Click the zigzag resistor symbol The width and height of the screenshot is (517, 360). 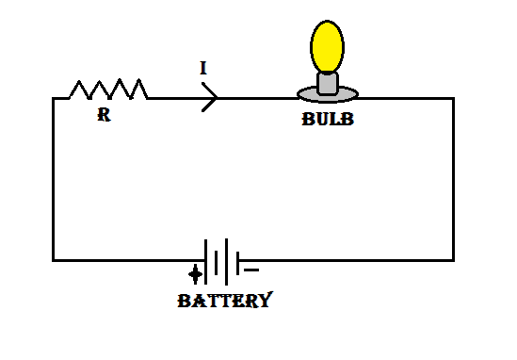108,90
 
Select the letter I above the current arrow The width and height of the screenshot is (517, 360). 202,69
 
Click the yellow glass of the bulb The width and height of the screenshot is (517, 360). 327,45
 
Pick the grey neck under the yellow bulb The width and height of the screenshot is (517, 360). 327,83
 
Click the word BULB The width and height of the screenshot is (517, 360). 328,121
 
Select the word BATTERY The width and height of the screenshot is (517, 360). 225,302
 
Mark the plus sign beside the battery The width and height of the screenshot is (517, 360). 195,275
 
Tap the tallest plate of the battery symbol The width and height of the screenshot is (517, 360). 228,261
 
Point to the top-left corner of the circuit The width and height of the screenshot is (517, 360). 55,98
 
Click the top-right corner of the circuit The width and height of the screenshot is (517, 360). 452,98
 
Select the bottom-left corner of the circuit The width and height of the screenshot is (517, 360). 55,259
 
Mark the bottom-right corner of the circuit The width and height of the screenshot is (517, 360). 452,259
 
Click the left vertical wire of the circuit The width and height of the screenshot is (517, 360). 55,179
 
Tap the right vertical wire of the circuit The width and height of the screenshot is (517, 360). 452,179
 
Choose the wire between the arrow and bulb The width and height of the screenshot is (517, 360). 259,98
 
